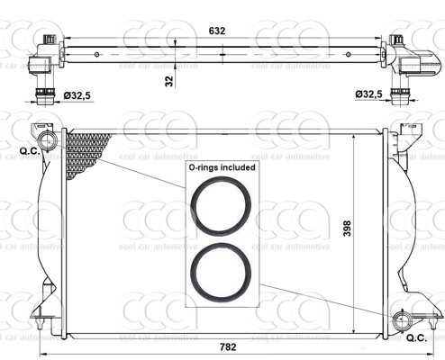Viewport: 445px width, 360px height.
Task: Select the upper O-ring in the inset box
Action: coord(221,206)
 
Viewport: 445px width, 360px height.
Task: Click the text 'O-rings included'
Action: coord(221,167)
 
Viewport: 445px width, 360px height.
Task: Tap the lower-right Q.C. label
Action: coord(416,338)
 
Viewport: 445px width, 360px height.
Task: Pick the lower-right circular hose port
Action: coord(401,321)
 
